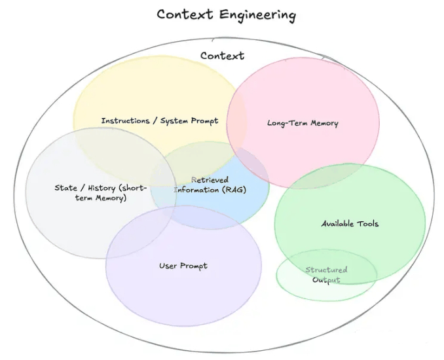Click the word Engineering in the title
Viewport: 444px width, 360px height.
point(257,15)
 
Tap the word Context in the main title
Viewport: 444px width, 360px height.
point(185,14)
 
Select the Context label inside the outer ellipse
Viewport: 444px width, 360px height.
point(222,56)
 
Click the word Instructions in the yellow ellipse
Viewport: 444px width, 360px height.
point(126,120)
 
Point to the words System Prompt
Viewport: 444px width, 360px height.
point(189,121)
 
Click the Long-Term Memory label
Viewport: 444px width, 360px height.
point(303,123)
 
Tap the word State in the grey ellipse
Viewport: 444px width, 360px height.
point(65,188)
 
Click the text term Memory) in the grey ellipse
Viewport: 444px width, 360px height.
point(101,198)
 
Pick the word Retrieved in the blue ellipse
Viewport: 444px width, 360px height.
point(210,180)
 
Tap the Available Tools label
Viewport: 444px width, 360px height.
point(350,224)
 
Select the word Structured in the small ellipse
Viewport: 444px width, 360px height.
point(326,270)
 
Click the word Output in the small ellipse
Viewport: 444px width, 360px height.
point(326,280)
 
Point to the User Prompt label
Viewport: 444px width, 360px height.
point(183,266)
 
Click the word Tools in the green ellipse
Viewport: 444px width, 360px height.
point(367,224)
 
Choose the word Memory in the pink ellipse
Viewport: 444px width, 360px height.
point(325,124)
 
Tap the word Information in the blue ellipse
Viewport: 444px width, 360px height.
point(196,190)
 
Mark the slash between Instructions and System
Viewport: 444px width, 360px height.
point(155,121)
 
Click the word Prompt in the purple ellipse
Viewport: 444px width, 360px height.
point(194,266)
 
